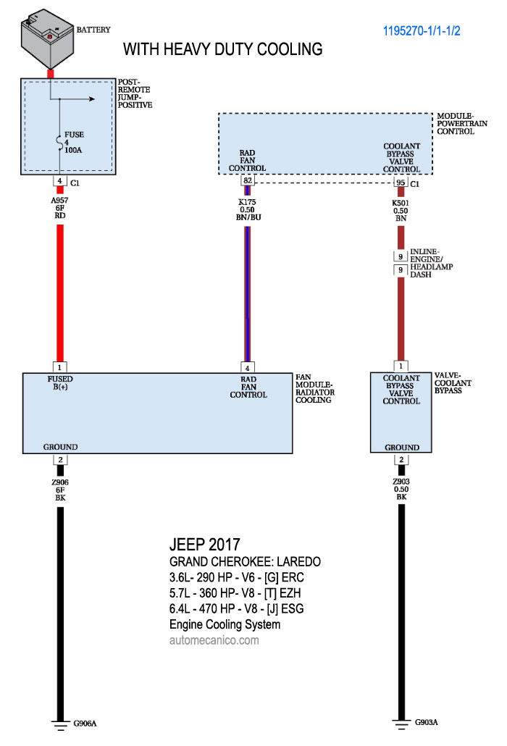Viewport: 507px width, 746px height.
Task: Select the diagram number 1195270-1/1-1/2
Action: (x=432, y=31)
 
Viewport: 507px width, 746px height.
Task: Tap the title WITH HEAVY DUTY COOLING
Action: (x=222, y=49)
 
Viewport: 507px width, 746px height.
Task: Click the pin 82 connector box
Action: (x=248, y=181)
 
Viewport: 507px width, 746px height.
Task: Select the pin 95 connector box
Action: (x=399, y=182)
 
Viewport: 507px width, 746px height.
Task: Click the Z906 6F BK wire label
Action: (x=60, y=490)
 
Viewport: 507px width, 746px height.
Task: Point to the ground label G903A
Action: (x=426, y=722)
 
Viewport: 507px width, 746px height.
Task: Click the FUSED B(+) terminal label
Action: (x=60, y=382)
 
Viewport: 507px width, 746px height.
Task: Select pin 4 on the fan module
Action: (x=248, y=366)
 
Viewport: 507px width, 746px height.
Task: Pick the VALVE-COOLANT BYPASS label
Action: (x=453, y=382)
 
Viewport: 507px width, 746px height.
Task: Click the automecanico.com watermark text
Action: (x=214, y=640)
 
